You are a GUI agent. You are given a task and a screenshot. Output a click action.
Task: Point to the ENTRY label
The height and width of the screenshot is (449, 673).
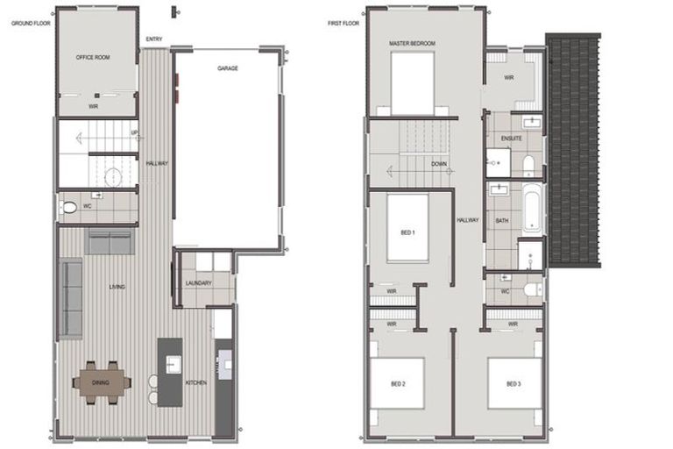pos(154,39)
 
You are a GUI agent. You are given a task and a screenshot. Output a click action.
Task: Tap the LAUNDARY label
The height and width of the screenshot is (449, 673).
pos(200,282)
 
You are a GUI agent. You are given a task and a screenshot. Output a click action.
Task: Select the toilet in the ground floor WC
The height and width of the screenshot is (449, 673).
pos(68,209)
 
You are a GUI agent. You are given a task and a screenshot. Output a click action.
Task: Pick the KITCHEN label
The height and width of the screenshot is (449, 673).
pos(196,383)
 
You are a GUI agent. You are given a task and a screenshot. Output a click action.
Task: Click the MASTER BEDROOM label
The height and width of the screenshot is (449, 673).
pos(412,43)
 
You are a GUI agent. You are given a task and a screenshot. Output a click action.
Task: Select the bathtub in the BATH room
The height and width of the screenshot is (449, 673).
pos(532,206)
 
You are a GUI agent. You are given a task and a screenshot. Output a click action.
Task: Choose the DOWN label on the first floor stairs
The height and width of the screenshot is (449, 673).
pos(440,164)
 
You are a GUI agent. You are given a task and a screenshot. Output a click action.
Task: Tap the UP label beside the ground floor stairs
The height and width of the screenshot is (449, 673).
pos(134,133)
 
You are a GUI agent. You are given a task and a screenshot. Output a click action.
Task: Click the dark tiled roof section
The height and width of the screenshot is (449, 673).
pos(575,149)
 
